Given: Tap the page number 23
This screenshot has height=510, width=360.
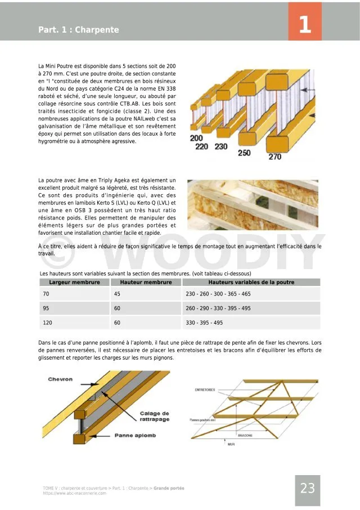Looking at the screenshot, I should point(308,489).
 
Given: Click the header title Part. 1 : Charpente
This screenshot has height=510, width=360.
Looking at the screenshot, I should point(79,30).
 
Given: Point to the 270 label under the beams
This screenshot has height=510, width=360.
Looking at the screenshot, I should point(274,156).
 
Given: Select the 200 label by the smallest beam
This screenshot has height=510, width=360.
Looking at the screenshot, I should point(196,138).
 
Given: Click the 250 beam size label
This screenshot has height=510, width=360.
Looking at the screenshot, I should point(244,153).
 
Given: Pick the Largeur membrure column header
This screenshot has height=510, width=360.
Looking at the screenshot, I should point(74,282).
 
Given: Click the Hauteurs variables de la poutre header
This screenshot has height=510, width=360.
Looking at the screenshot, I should point(251,282).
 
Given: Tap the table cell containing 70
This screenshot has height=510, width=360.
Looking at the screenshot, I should point(46,294).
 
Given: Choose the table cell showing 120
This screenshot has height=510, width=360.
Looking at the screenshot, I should point(47,323).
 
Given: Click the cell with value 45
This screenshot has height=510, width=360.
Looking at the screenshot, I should point(117,294).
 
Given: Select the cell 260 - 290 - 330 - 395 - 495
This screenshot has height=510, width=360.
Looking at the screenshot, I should point(218,308).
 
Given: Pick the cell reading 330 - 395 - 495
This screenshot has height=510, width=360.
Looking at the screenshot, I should point(204,323).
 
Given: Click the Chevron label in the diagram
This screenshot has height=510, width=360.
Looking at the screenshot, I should point(60,379).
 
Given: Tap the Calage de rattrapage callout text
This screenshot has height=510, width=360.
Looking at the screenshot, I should point(155,417).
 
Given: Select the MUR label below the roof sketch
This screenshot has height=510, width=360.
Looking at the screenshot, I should point(231,444).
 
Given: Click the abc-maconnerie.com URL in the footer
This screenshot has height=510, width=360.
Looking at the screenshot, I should point(74,493).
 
